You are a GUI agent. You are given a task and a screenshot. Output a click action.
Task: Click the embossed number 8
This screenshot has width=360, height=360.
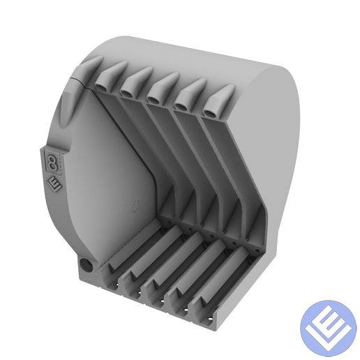coord(52,163)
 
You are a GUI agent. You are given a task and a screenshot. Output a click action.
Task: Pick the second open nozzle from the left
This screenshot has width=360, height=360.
coord(128,89)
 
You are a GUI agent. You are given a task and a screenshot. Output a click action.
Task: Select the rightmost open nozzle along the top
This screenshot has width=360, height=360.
coord(210,110)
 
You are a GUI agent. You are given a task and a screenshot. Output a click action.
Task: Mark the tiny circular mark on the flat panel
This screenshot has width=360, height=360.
coord(136,205)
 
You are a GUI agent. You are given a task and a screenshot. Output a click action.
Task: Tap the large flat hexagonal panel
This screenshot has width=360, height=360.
coord(112,181)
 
